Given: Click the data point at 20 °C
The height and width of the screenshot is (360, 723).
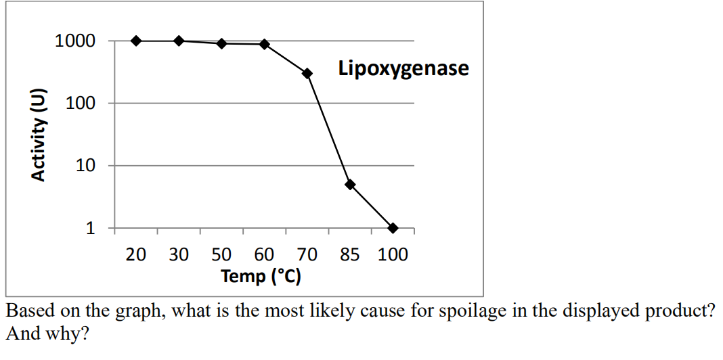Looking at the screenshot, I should click(136, 41).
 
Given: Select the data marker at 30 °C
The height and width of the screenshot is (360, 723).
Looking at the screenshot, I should click(179, 41).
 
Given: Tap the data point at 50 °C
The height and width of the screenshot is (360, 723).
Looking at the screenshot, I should click(221, 43).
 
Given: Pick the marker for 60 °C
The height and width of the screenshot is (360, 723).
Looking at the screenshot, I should click(265, 44).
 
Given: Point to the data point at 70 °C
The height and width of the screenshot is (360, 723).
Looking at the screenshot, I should click(307, 73).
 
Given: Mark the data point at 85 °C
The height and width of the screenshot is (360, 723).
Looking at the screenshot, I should click(350, 184).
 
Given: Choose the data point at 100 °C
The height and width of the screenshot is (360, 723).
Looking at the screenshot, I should click(393, 228).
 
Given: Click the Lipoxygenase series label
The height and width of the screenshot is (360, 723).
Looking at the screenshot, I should click(403, 68).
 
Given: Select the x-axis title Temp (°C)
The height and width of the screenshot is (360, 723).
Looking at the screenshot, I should click(261, 276).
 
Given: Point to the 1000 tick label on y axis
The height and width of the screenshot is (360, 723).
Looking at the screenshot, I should click(75, 41).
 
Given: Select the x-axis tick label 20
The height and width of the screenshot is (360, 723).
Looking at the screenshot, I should click(136, 255).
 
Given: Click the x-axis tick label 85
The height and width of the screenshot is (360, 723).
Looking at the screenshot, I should click(350, 255).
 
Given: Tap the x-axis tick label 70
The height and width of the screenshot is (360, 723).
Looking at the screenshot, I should click(307, 255).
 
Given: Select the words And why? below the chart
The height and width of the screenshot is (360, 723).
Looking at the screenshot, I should click(47, 334).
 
